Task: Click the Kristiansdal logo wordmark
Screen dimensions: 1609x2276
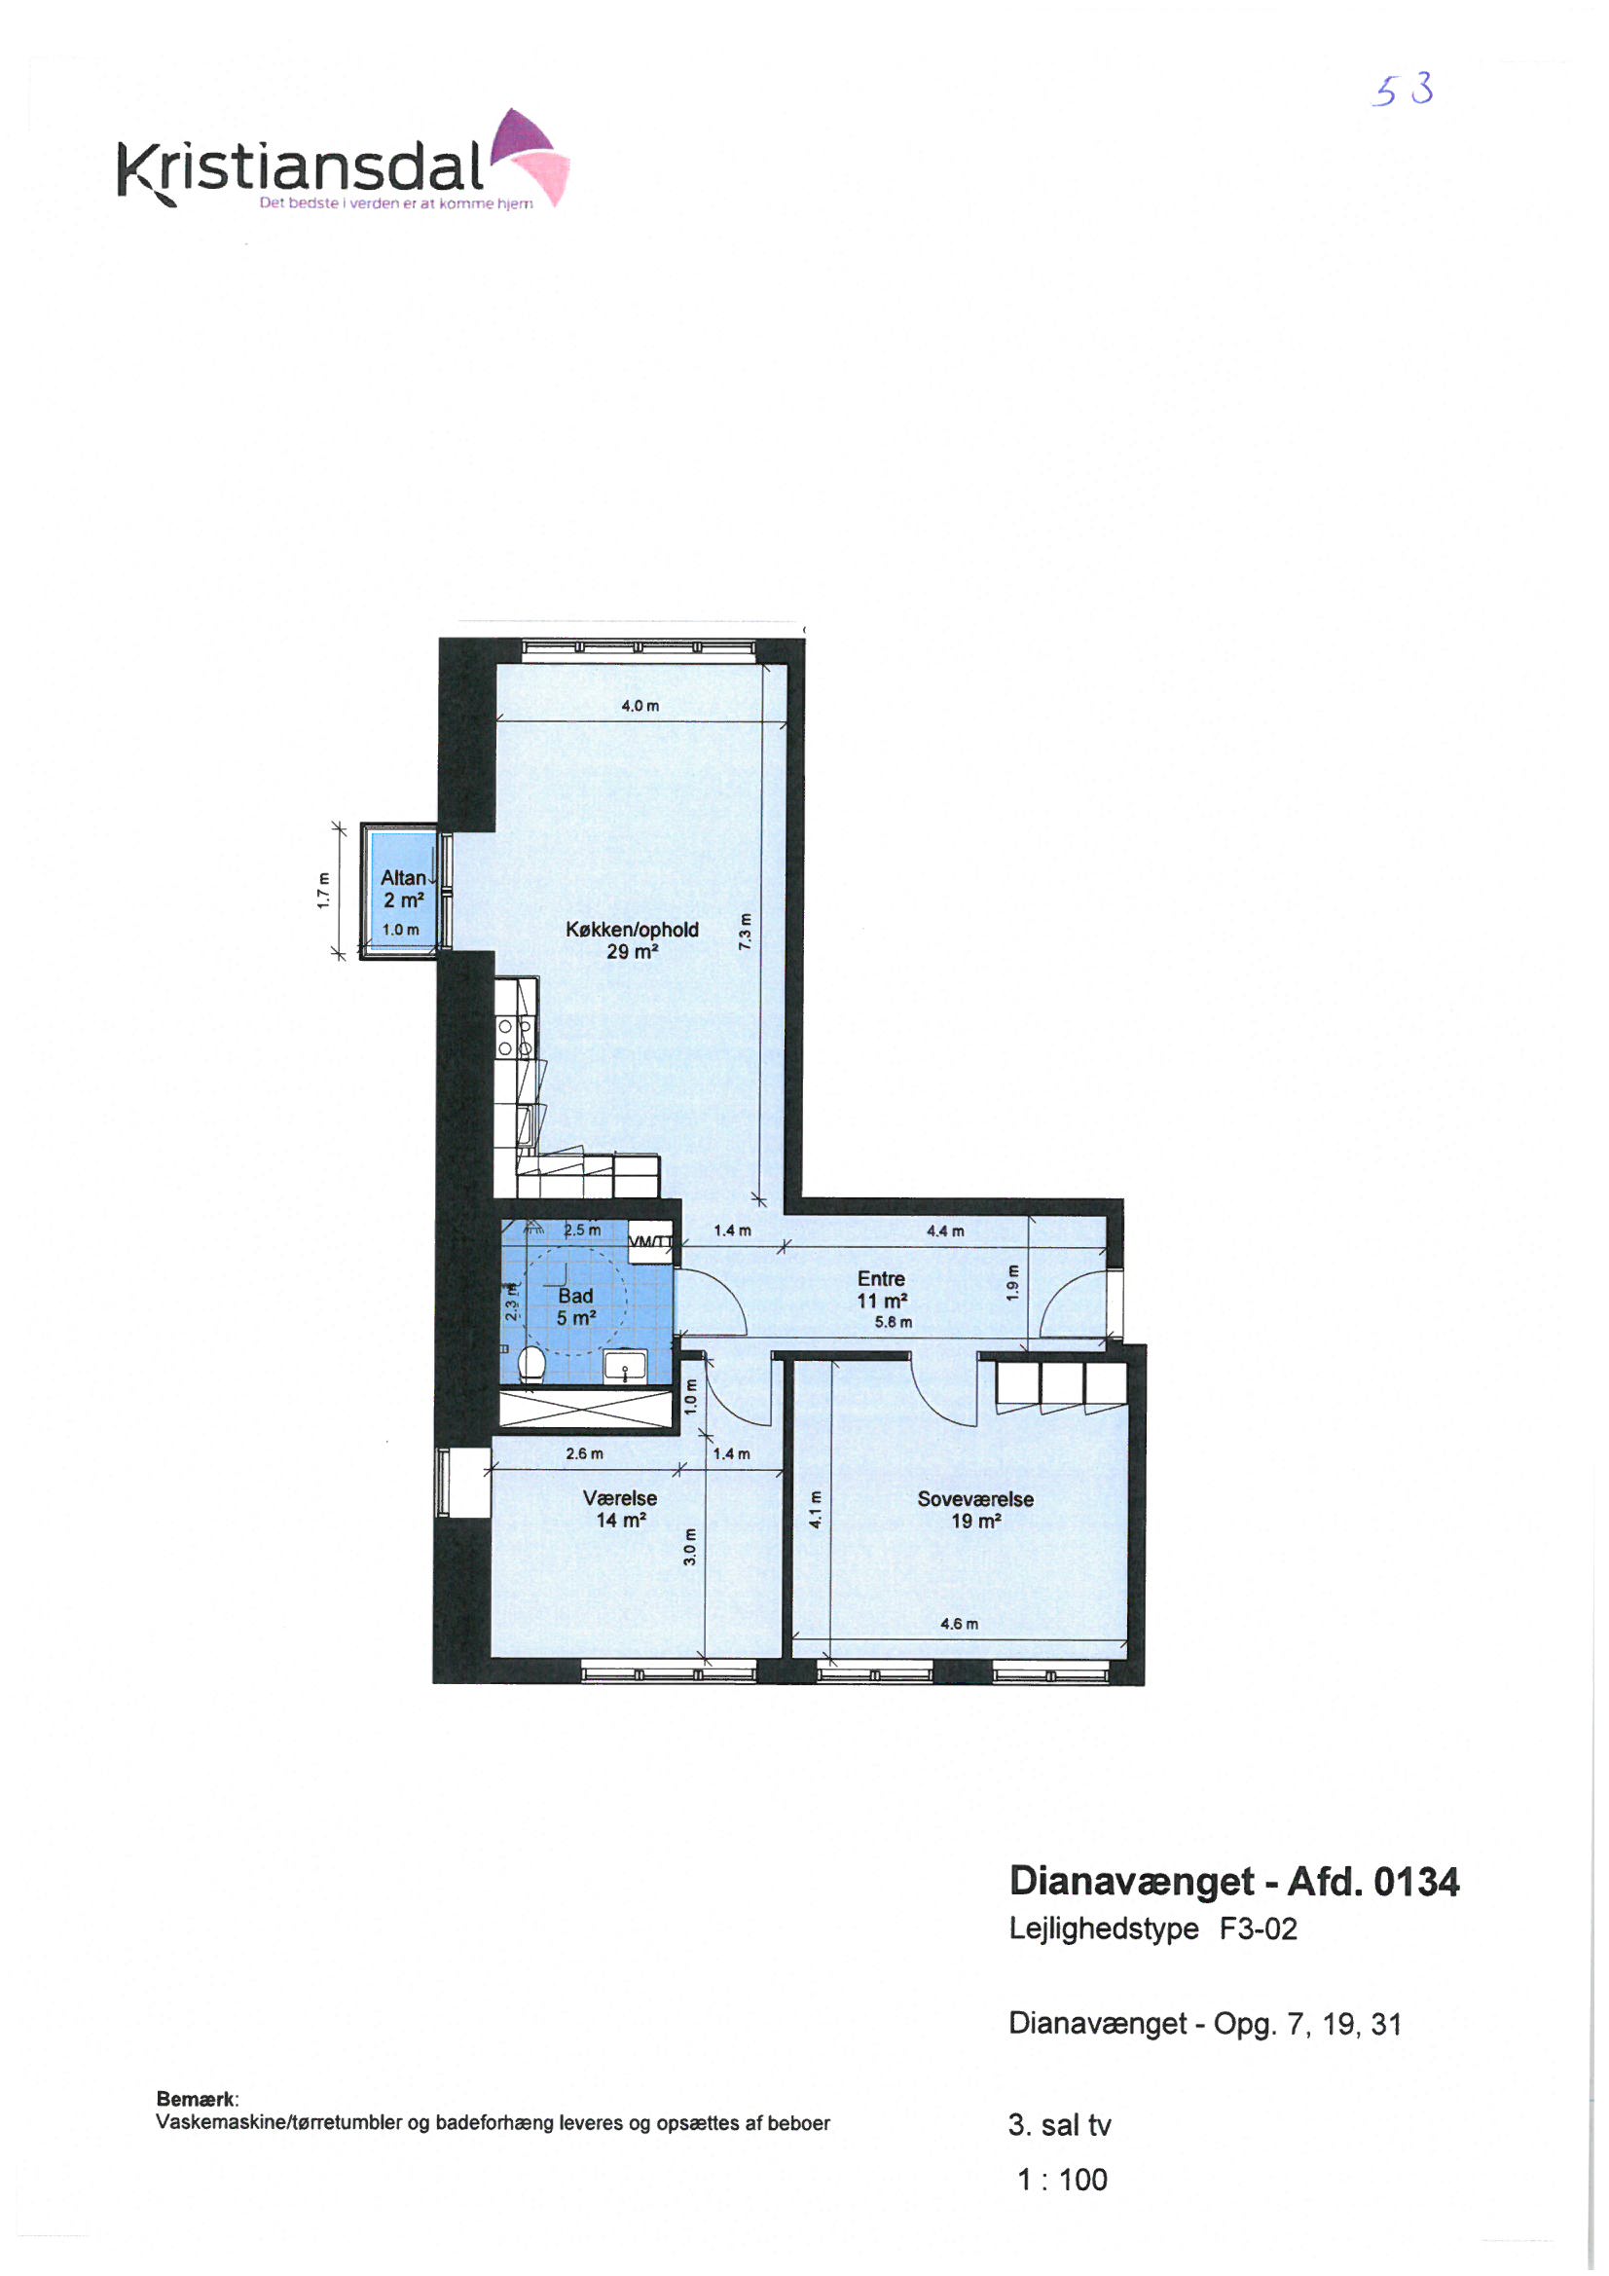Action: tap(301, 167)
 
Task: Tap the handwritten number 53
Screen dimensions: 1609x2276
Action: tap(1403, 92)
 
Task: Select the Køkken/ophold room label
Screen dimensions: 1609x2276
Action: tap(633, 939)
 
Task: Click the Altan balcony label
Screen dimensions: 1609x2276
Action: tap(404, 888)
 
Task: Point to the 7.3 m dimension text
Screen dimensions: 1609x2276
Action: tap(745, 932)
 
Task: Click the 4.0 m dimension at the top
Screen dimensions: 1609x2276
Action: tap(640, 706)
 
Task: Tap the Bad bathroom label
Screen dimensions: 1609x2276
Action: tap(576, 1306)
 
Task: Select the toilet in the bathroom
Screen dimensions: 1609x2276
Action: tap(531, 1361)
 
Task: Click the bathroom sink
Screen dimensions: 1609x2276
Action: tap(626, 1365)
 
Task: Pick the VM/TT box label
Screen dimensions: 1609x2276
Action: tap(650, 1241)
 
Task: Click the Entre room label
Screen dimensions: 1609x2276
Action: tap(881, 1289)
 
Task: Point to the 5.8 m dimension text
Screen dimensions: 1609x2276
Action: tap(894, 1322)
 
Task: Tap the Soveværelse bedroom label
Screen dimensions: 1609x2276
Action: tap(975, 1510)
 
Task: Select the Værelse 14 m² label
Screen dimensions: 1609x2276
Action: tap(621, 1509)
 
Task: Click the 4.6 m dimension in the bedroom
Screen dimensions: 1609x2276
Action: tap(959, 1624)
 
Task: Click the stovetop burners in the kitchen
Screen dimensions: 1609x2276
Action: tap(515, 1037)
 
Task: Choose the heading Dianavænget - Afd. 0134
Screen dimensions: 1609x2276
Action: tap(1234, 1881)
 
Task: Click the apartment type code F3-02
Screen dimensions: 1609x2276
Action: tap(1258, 1928)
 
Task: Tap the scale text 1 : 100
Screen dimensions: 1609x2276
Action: tap(1062, 2179)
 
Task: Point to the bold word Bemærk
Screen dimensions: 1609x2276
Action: tap(198, 2099)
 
